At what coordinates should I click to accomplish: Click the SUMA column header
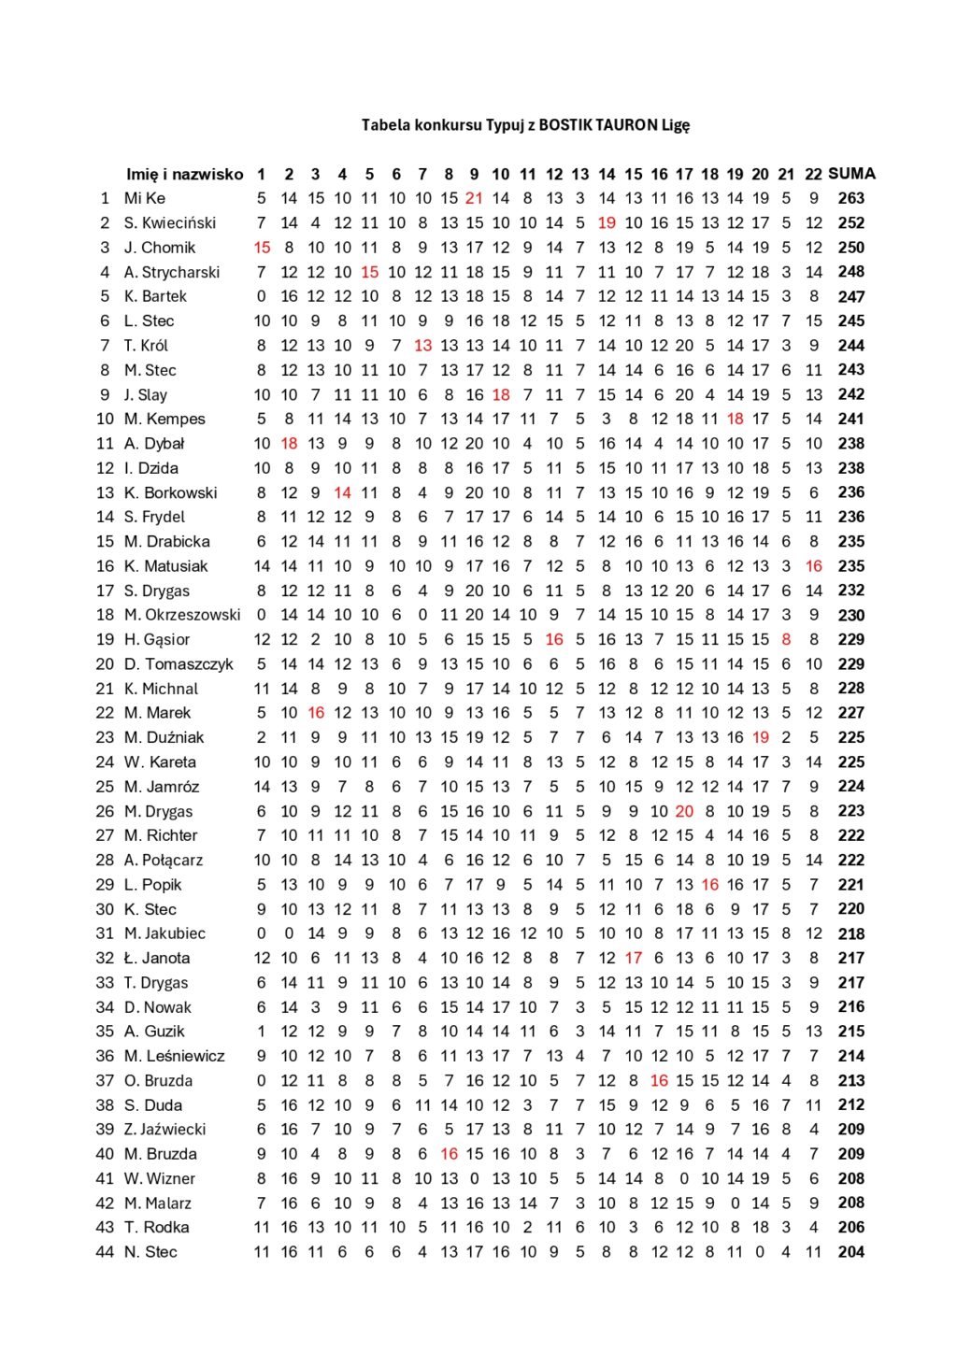pyautogui.click(x=851, y=174)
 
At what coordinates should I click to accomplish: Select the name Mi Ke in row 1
pyautogui.click(x=145, y=198)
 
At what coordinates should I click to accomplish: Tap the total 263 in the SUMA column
pyautogui.click(x=850, y=198)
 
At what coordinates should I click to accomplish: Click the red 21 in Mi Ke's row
pyautogui.click(x=474, y=198)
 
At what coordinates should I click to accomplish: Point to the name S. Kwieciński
pyautogui.click(x=170, y=222)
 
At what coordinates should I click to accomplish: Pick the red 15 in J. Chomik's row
pyautogui.click(x=262, y=248)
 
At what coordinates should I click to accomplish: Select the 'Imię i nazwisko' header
pyautogui.click(x=184, y=174)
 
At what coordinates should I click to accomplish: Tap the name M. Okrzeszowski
pyautogui.click(x=182, y=615)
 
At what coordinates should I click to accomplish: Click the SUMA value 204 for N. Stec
pyautogui.click(x=850, y=1252)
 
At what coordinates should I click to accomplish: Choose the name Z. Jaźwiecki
pyautogui.click(x=164, y=1129)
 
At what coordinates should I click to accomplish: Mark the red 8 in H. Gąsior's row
pyautogui.click(x=786, y=639)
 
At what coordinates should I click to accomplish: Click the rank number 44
pyautogui.click(x=105, y=1252)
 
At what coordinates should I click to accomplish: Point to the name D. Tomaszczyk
pyautogui.click(x=179, y=664)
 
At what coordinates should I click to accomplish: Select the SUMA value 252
pyautogui.click(x=850, y=222)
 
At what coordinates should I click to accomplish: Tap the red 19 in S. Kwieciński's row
pyautogui.click(x=607, y=222)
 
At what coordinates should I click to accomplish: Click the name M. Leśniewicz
pyautogui.click(x=175, y=1056)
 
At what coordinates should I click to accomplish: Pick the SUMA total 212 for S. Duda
pyautogui.click(x=850, y=1104)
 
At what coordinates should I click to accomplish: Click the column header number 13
pyautogui.click(x=580, y=174)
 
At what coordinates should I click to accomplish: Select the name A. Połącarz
pyautogui.click(x=164, y=860)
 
